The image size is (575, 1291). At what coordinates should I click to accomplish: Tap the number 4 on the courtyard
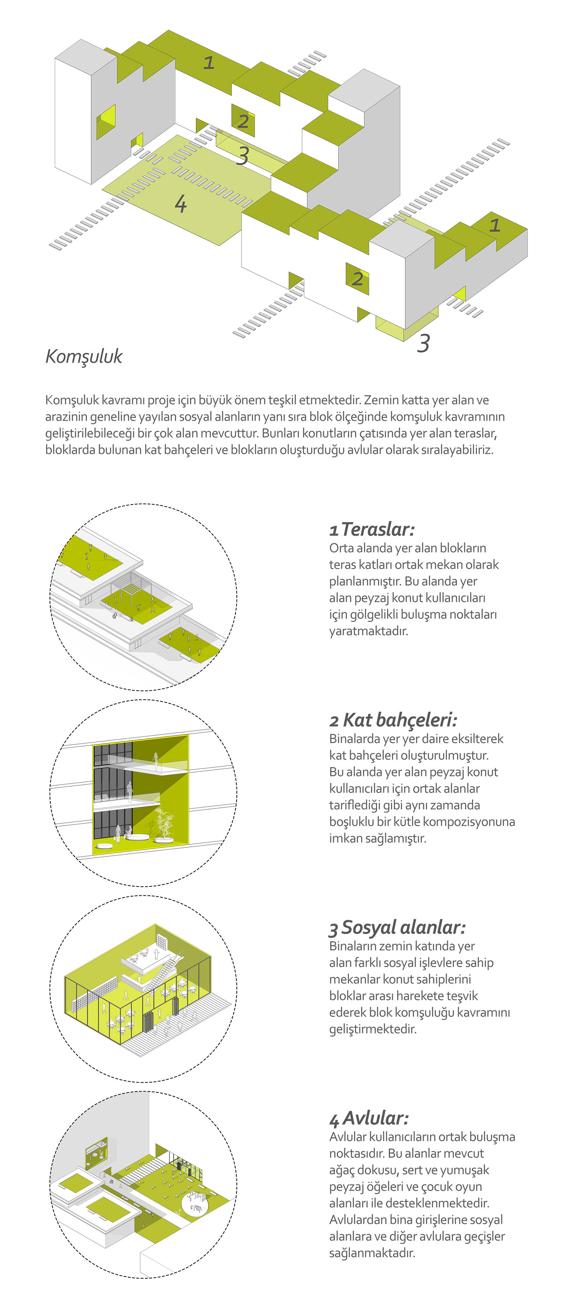[180, 204]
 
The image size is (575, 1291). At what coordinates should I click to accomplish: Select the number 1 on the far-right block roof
[495, 225]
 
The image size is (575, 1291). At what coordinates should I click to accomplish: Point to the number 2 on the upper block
[243, 121]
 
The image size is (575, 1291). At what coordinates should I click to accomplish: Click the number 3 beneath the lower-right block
[424, 343]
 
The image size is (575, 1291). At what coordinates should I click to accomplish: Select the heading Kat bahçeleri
[400, 720]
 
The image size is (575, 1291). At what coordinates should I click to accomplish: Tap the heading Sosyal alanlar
[403, 928]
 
